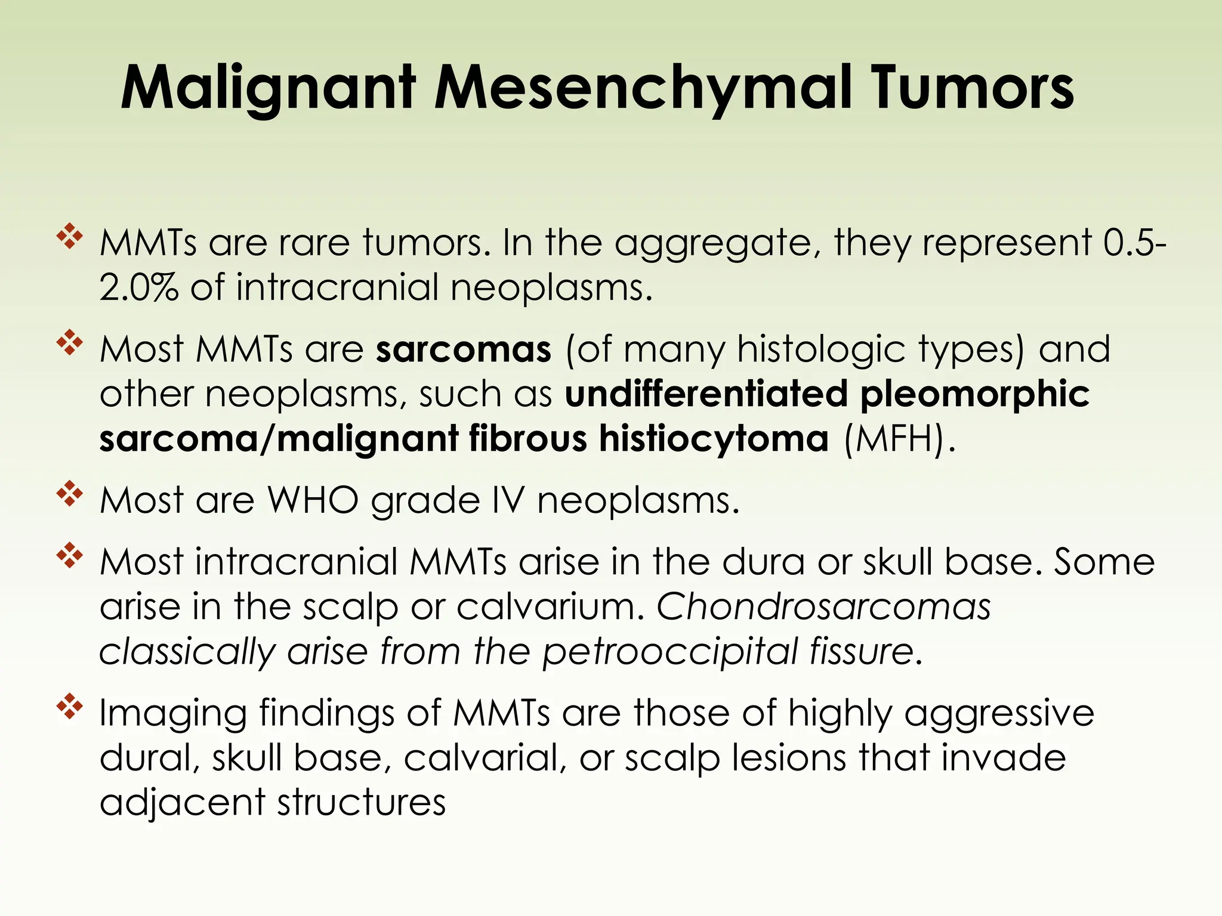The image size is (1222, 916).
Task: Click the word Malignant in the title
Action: point(267,89)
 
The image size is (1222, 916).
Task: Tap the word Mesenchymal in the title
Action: point(643,89)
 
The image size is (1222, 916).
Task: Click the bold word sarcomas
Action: point(463,349)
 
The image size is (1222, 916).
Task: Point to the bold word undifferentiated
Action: point(706,394)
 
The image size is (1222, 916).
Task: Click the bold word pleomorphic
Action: point(974,395)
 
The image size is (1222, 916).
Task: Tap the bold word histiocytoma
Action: point(714,439)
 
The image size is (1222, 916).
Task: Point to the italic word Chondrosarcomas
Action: point(823,607)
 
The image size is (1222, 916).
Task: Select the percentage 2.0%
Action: point(138,287)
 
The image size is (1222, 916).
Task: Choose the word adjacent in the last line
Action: point(182,803)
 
